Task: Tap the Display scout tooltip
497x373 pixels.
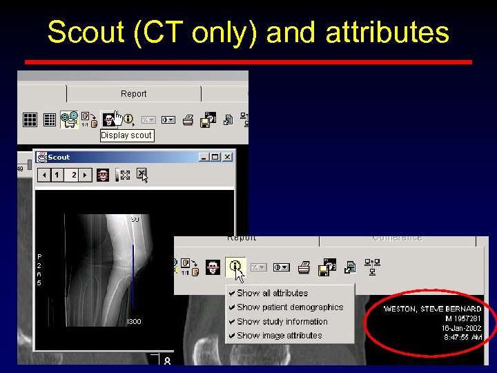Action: click(x=126, y=135)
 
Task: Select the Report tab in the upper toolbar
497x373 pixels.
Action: click(x=133, y=94)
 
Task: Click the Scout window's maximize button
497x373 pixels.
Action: click(x=215, y=157)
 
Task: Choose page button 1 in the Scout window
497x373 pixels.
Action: click(x=57, y=175)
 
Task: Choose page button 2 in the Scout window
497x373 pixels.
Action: click(x=74, y=175)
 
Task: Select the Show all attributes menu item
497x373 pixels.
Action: click(x=272, y=293)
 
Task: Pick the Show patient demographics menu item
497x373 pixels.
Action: click(x=289, y=307)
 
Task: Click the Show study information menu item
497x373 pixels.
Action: click(x=282, y=321)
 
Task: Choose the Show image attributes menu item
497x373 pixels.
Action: click(x=279, y=336)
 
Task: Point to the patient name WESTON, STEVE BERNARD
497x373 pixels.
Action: click(x=433, y=309)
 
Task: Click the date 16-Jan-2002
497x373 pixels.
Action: click(x=462, y=328)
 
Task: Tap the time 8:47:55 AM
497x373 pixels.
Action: click(x=463, y=338)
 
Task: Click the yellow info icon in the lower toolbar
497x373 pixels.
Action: click(x=235, y=266)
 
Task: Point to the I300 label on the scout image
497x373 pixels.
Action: click(x=134, y=322)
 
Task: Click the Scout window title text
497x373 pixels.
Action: click(x=59, y=157)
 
